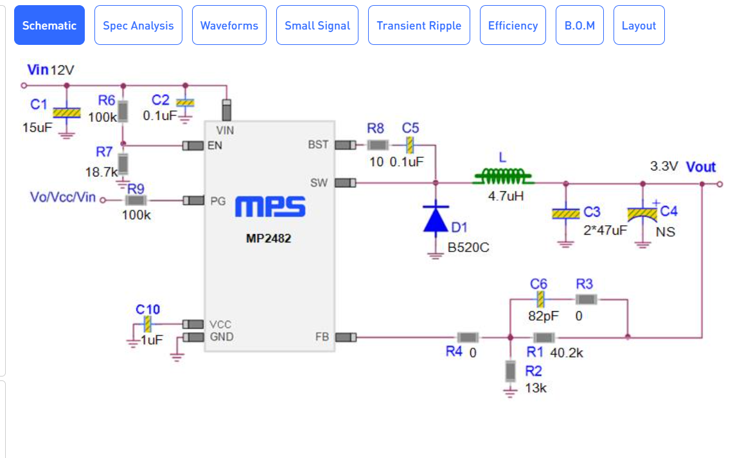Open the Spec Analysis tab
(x=138, y=26)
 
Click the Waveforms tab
(x=229, y=26)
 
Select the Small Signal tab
(x=317, y=26)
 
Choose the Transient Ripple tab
(x=419, y=26)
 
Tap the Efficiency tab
(x=513, y=26)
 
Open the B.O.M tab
(x=579, y=26)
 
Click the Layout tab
(x=639, y=26)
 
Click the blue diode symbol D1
(x=436, y=219)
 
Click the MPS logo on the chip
(x=270, y=207)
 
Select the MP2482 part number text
(x=269, y=239)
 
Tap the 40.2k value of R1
(x=566, y=353)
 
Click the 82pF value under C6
(x=543, y=316)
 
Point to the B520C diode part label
(x=468, y=248)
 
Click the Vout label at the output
(x=701, y=167)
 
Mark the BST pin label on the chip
(x=318, y=144)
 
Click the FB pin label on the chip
(x=322, y=337)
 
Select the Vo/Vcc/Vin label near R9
(x=63, y=197)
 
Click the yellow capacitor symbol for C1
(x=67, y=113)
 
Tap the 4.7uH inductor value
(x=506, y=196)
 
